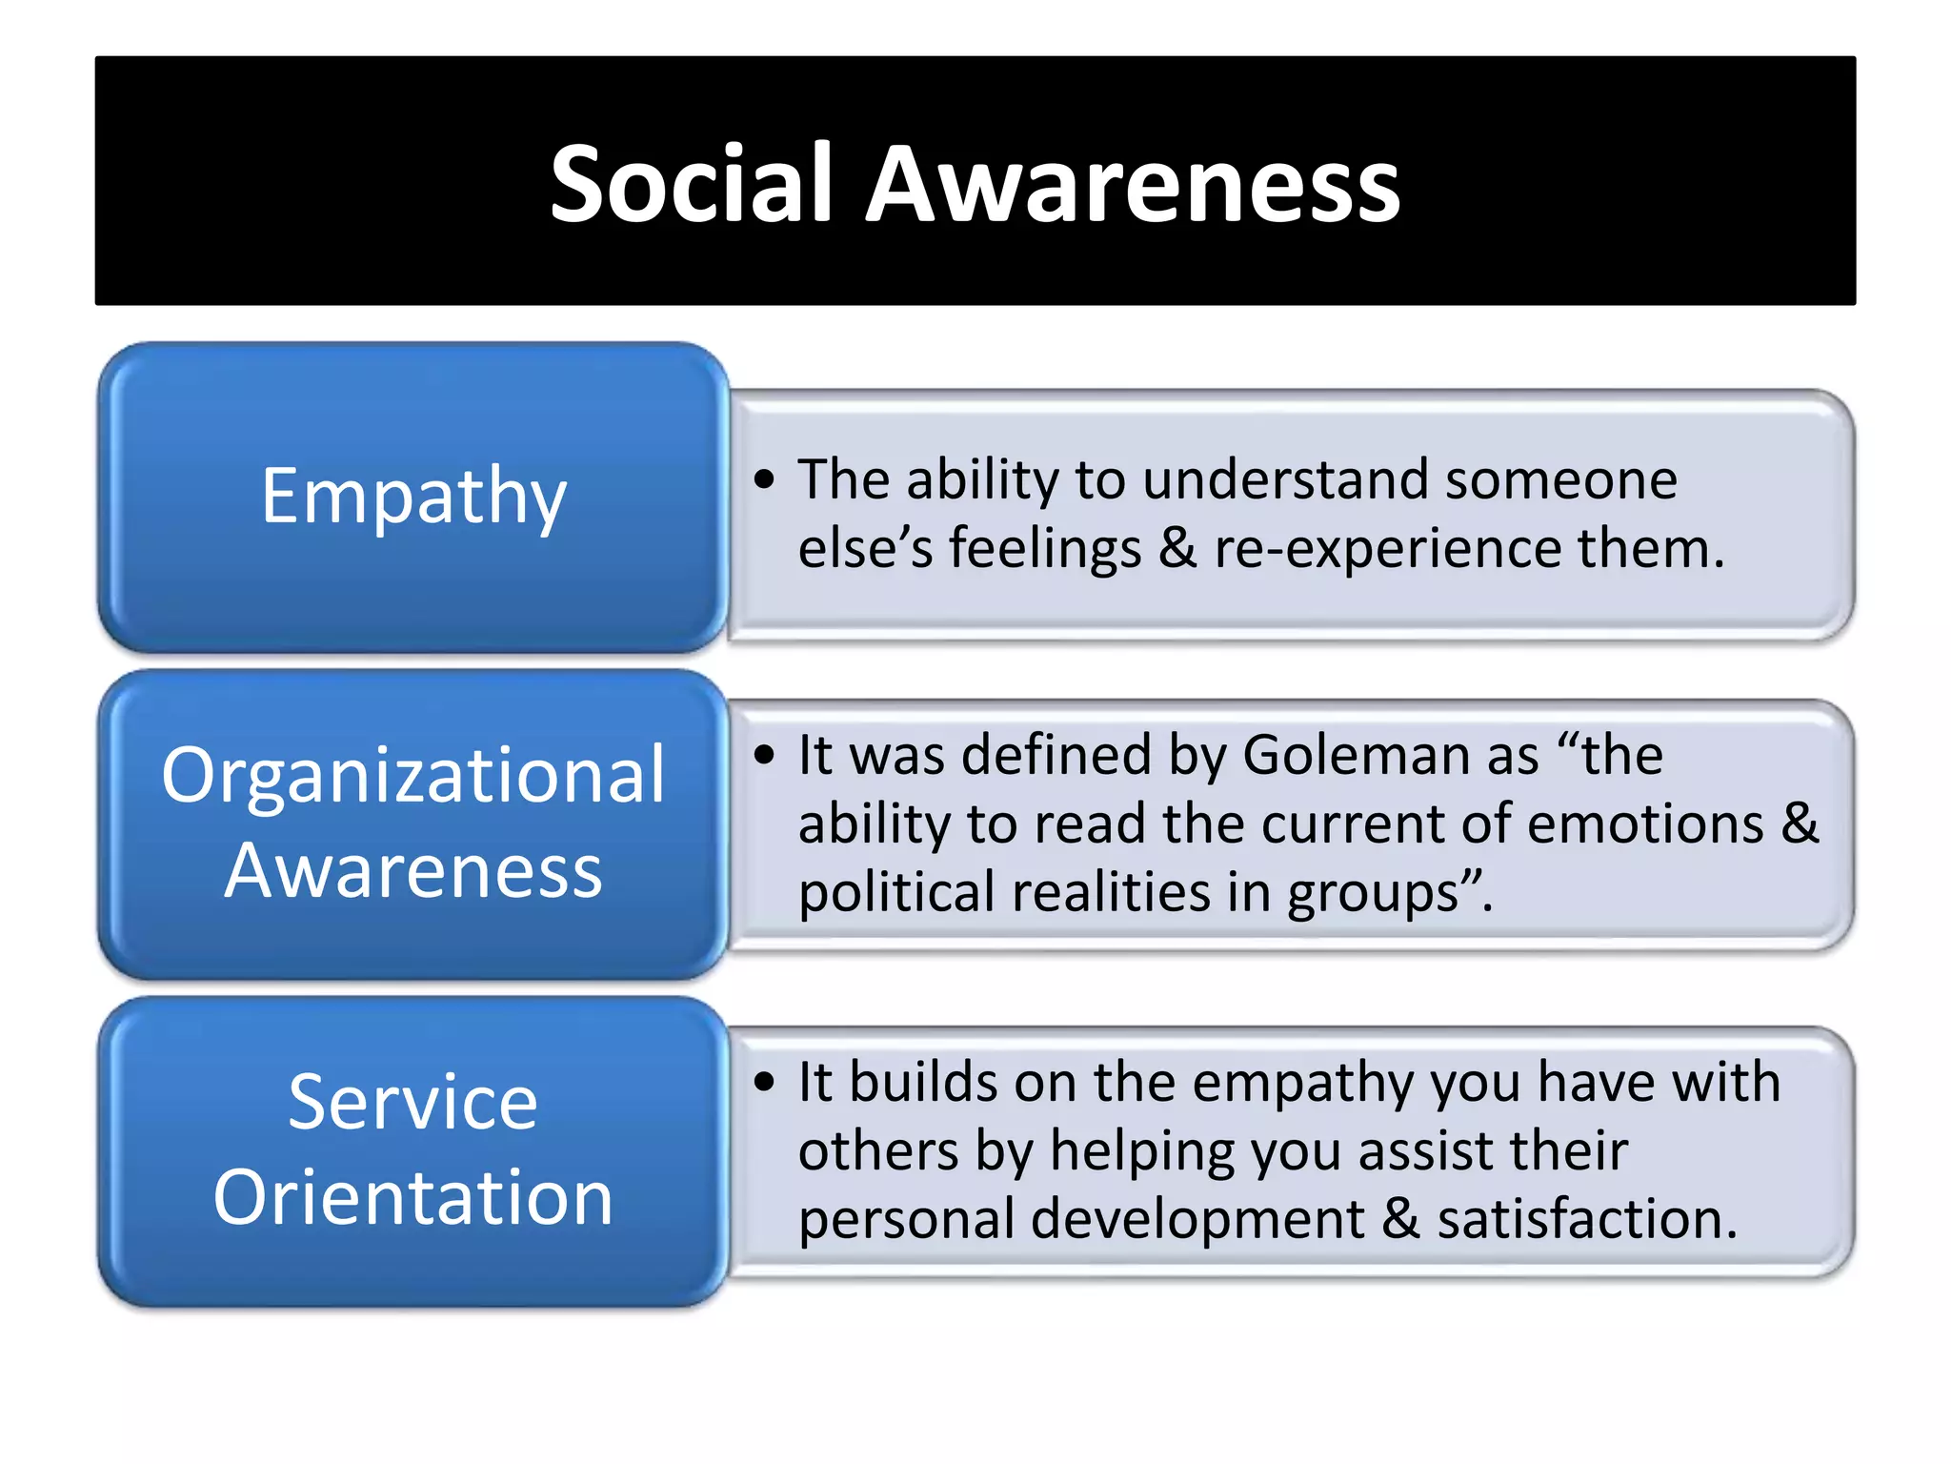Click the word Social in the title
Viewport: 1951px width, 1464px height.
click(692, 183)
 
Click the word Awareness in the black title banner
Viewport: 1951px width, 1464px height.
click(1132, 183)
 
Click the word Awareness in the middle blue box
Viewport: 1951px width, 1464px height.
click(413, 870)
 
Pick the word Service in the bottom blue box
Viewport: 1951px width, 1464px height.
click(413, 1102)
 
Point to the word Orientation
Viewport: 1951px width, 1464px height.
click(413, 1197)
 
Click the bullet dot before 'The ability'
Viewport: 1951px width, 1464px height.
click(764, 479)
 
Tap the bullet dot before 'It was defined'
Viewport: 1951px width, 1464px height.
click(764, 755)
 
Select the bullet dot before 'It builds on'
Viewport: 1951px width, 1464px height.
click(764, 1082)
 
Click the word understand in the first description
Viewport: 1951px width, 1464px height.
click(1285, 479)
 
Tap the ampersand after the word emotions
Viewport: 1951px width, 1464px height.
click(1800, 823)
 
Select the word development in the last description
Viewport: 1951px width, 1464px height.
click(1197, 1221)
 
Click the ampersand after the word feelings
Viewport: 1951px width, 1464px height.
click(1177, 549)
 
